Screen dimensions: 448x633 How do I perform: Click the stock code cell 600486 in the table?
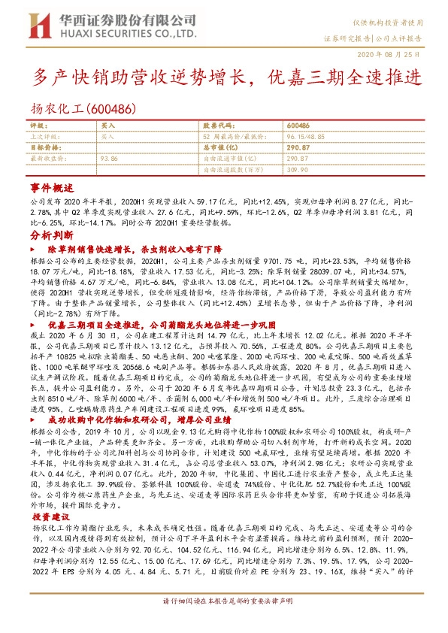tap(298, 126)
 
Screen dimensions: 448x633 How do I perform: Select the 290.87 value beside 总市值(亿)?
tap(298, 147)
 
